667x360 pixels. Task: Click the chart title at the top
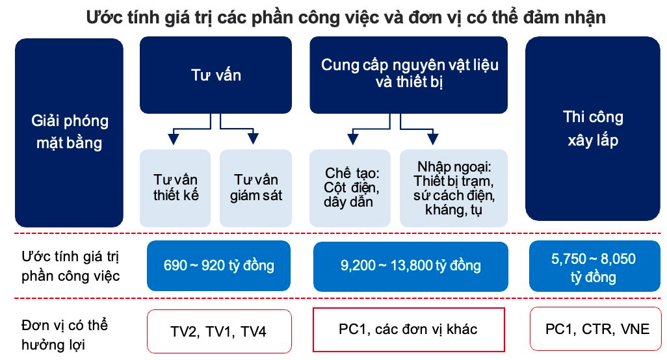(346, 18)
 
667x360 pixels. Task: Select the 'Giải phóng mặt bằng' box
(70, 133)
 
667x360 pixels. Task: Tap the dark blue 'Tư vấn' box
(216, 75)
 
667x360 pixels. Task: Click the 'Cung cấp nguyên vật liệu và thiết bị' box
(408, 75)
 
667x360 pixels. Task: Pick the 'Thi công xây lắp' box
(592, 129)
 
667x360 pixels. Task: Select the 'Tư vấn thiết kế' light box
(176, 188)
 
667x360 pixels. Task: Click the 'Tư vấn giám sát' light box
(255, 188)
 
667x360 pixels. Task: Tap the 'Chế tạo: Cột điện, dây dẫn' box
(350, 188)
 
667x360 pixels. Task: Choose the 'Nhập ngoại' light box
(454, 188)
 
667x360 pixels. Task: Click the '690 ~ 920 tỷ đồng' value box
(218, 266)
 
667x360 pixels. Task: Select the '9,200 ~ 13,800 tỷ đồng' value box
(410, 266)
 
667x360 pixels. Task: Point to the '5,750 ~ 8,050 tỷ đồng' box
(594, 266)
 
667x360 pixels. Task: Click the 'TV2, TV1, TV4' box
(219, 331)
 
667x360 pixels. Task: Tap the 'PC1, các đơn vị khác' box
(408, 330)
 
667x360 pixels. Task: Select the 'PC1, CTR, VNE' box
(595, 329)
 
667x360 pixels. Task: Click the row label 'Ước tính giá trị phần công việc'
(71, 266)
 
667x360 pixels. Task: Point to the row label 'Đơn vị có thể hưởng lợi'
(64, 335)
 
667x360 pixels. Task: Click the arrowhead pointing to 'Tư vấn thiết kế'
(173, 138)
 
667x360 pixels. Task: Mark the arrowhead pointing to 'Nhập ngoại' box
(432, 138)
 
